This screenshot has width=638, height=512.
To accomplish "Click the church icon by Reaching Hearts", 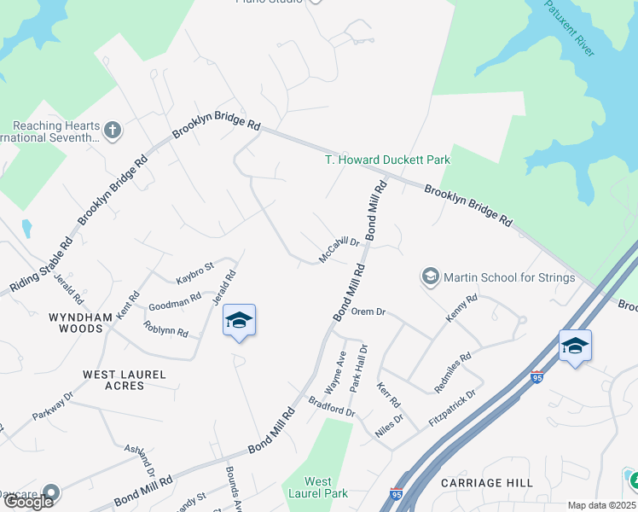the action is pyautogui.click(x=112, y=131).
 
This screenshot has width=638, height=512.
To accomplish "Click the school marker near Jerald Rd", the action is pyautogui.click(x=239, y=321).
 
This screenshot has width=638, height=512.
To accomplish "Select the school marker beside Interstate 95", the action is pyautogui.click(x=575, y=346).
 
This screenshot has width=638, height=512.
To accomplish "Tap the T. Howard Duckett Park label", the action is pyautogui.click(x=387, y=160).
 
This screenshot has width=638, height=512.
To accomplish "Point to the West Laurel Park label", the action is pyautogui.click(x=318, y=487).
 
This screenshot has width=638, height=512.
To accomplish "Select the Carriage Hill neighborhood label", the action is pyautogui.click(x=487, y=483).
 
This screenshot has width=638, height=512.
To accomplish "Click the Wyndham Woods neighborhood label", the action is pyautogui.click(x=80, y=317).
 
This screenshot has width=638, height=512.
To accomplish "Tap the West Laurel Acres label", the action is pyautogui.click(x=125, y=375).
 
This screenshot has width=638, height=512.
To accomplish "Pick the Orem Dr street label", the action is pyautogui.click(x=368, y=311).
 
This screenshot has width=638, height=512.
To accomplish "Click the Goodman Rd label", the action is pyautogui.click(x=174, y=301).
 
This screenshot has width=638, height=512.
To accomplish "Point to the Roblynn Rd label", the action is pyautogui.click(x=166, y=329).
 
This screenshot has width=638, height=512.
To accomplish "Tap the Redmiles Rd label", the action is pyautogui.click(x=452, y=373).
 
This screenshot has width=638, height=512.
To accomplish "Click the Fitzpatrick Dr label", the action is pyautogui.click(x=451, y=410).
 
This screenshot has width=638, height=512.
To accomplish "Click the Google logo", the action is pyautogui.click(x=27, y=502).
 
